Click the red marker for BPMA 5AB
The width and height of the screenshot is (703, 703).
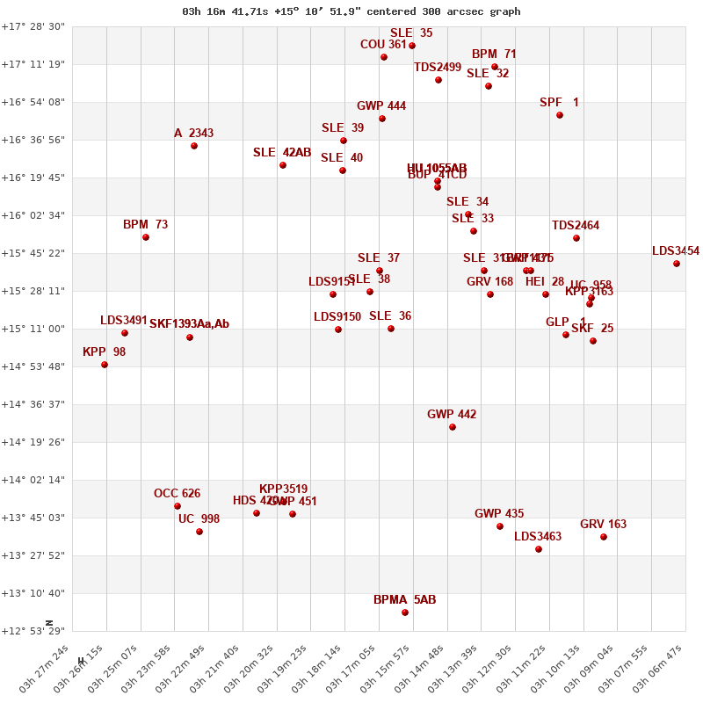[x=405, y=612]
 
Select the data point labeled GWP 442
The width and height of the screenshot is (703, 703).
[x=453, y=427]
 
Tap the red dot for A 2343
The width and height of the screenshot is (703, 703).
[x=194, y=146]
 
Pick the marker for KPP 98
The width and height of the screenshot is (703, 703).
[x=105, y=365]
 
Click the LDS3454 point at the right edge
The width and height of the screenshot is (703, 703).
[x=677, y=264]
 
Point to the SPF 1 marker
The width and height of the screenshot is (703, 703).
[x=560, y=115]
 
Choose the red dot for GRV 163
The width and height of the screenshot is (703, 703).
[x=604, y=537]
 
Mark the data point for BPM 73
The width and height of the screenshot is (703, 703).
[x=146, y=237]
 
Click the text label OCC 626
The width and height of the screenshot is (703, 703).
[x=177, y=493]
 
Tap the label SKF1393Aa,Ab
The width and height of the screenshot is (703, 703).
[x=189, y=324]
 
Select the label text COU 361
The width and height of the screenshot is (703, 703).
[x=383, y=45]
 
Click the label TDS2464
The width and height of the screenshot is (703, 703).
[x=576, y=226]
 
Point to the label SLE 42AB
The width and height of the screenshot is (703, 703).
[x=282, y=153]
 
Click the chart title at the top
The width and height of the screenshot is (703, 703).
[x=351, y=11]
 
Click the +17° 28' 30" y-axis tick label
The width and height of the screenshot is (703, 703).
[x=33, y=26]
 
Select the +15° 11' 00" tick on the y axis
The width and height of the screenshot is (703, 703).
[x=33, y=329]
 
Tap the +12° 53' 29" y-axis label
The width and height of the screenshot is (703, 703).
[x=33, y=631]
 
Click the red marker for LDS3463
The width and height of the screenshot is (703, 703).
[x=539, y=549]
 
